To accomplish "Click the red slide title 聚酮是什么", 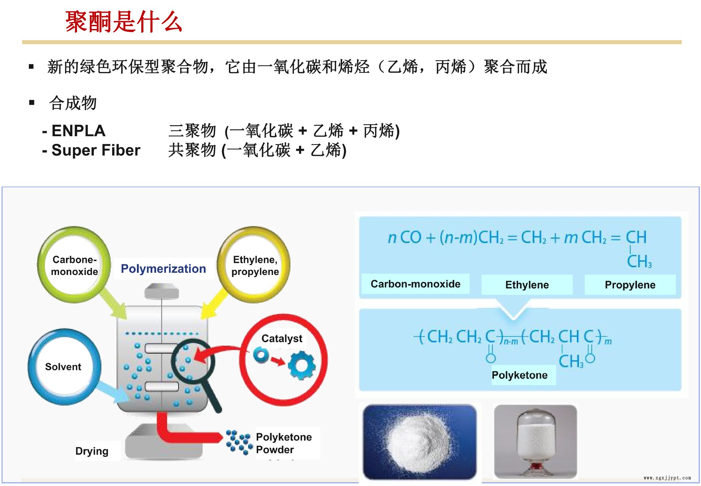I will pyautogui.click(x=124, y=22).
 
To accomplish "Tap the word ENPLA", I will pyautogui.click(x=78, y=131).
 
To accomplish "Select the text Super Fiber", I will pyautogui.click(x=96, y=150).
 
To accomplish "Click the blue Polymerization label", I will pyautogui.click(x=163, y=269).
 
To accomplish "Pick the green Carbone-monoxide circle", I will pyautogui.click(x=74, y=265).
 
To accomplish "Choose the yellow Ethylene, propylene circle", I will pyautogui.click(x=254, y=265).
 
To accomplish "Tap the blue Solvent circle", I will pyautogui.click(x=64, y=367).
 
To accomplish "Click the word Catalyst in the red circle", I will pyautogui.click(x=282, y=338).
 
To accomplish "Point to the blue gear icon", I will pyautogui.click(x=302, y=365).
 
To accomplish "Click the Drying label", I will pyautogui.click(x=92, y=451).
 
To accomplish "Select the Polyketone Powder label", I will pyautogui.click(x=284, y=443).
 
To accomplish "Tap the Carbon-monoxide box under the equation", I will pyautogui.click(x=415, y=284).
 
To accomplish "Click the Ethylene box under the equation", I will pyautogui.click(x=527, y=285).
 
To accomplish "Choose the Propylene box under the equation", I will pyautogui.click(x=630, y=285).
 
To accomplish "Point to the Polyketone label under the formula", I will pyautogui.click(x=520, y=375).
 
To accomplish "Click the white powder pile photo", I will pyautogui.click(x=420, y=441).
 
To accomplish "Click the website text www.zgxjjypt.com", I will pyautogui.click(x=667, y=478).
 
